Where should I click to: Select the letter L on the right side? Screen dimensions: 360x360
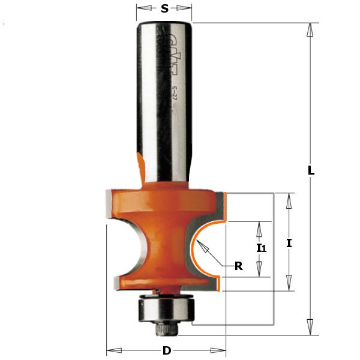click(x=311, y=170)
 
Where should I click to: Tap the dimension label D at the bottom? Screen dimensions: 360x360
click(x=166, y=350)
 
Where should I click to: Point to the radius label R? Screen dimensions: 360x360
click(x=238, y=266)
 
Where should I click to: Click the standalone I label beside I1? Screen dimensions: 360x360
click(x=289, y=243)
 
